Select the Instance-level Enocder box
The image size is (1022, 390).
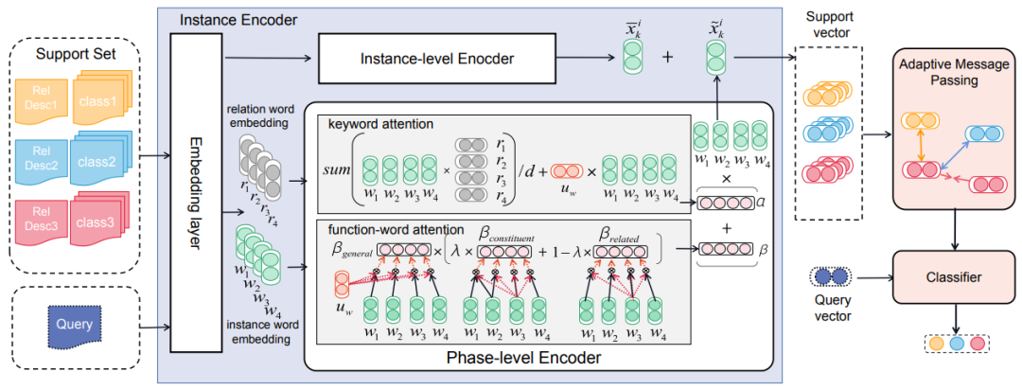[438, 60]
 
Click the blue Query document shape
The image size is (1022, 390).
[74, 325]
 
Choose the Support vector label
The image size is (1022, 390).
[828, 27]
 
